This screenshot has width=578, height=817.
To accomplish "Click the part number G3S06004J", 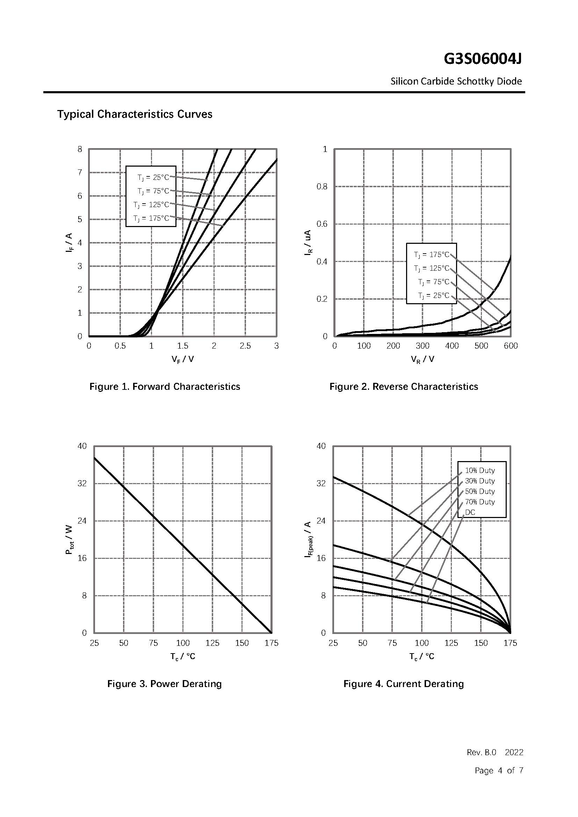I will click(x=483, y=59).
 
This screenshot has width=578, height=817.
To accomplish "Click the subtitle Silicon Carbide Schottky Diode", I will click(x=456, y=81).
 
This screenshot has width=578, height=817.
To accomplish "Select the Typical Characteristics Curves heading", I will click(x=135, y=114).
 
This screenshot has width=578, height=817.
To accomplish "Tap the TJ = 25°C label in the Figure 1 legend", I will click(x=153, y=177).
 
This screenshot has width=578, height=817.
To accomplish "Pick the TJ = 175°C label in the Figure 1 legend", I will click(x=151, y=218).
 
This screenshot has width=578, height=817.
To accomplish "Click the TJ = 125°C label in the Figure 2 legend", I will click(x=432, y=268).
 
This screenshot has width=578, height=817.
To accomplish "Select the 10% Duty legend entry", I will click(x=480, y=470).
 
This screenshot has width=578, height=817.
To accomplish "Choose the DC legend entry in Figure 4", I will click(x=470, y=512).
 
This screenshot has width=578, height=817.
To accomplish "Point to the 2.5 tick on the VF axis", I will click(x=245, y=346).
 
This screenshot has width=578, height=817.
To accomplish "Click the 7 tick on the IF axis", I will click(x=80, y=173).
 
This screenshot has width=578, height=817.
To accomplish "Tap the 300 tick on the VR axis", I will click(x=422, y=346).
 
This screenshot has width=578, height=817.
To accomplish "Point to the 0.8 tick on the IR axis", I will click(x=322, y=187).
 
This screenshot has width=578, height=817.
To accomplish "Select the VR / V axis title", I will click(x=422, y=359).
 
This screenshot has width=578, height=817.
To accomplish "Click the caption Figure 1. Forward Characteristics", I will click(x=165, y=387).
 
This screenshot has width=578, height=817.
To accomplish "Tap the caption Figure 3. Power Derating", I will click(x=165, y=684).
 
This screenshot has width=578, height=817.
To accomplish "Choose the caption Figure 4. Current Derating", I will click(x=404, y=684).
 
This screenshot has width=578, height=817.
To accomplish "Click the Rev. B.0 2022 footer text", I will click(x=495, y=752).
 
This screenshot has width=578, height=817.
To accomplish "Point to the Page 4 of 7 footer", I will click(x=499, y=771).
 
